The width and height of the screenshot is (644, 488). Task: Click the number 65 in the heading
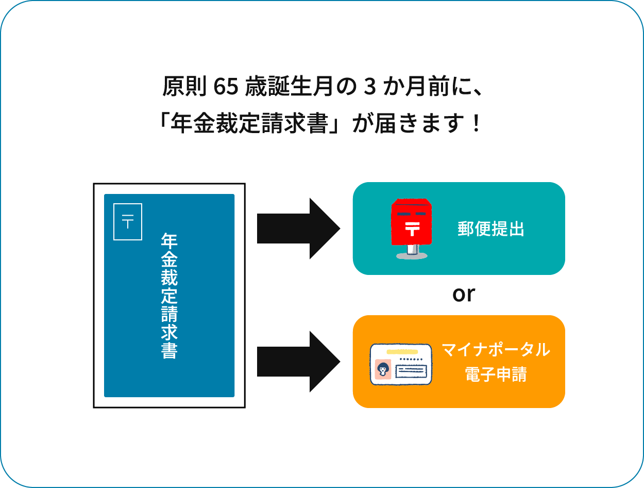click(x=225, y=87)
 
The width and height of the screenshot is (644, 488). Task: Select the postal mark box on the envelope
click(x=128, y=222)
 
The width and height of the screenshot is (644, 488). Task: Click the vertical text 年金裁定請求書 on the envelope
click(x=169, y=296)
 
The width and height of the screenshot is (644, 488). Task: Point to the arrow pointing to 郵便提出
click(x=298, y=228)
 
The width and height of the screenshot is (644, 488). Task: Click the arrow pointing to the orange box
click(x=298, y=362)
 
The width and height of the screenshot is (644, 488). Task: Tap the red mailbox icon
click(x=411, y=225)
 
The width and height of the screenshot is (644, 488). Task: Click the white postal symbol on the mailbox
click(x=412, y=227)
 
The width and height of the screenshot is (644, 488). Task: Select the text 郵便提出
click(x=490, y=229)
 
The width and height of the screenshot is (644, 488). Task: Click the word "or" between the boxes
click(x=463, y=295)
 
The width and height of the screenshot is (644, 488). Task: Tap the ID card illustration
click(x=401, y=364)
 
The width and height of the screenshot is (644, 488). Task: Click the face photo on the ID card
click(x=383, y=370)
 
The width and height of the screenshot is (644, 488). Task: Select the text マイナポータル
click(x=496, y=350)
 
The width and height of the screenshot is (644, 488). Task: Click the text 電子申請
click(x=496, y=375)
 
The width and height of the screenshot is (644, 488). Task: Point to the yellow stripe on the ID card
click(x=401, y=351)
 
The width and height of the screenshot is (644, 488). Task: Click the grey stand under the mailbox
click(x=411, y=252)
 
